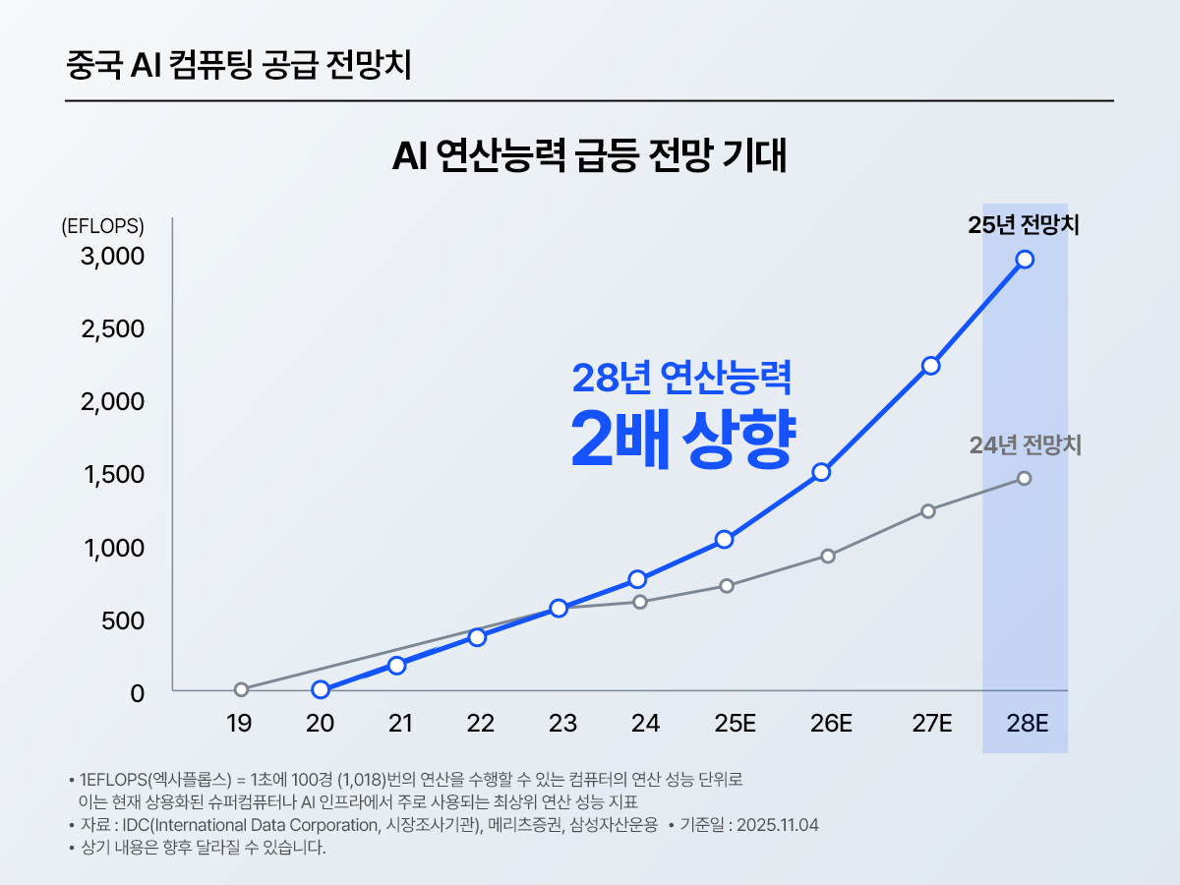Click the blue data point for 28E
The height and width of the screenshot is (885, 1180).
[1025, 259]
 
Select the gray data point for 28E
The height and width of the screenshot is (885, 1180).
[1025, 478]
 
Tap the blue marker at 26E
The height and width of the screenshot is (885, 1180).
[822, 472]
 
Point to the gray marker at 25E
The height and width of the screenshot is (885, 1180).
[727, 586]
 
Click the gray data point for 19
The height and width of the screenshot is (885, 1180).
[242, 689]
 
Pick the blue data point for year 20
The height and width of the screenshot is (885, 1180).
[321, 690]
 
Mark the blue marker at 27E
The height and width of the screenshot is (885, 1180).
[930, 366]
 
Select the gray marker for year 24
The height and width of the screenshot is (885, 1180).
[640, 602]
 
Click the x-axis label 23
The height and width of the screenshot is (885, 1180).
[562, 725]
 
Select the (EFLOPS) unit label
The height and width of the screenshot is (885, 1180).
[102, 226]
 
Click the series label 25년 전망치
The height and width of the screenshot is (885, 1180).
[1024, 225]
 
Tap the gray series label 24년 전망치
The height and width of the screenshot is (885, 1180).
[1025, 445]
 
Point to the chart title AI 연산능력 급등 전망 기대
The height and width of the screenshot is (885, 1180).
[590, 157]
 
